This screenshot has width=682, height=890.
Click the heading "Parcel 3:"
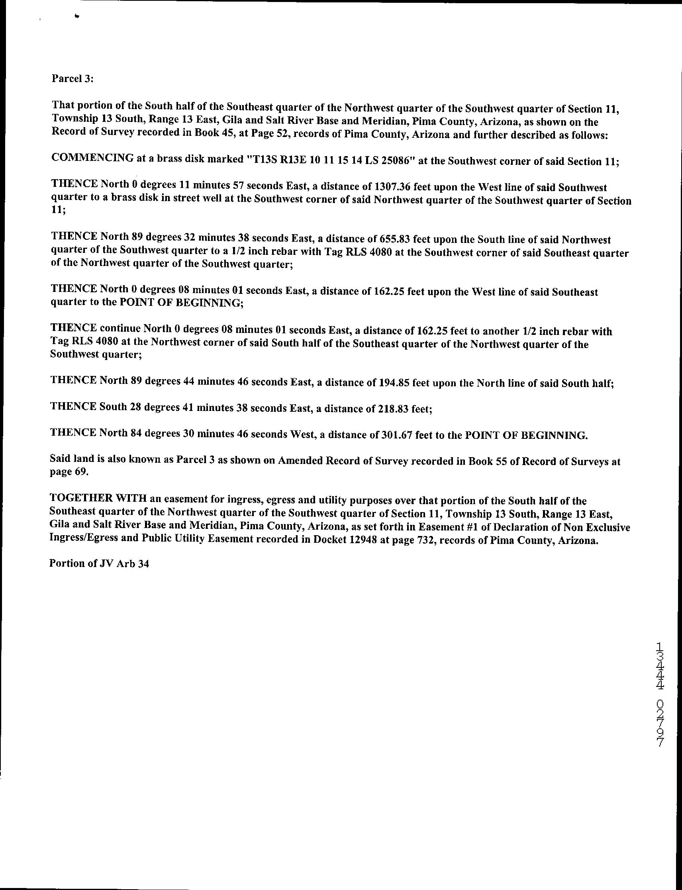73,79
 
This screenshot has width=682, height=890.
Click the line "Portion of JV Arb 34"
99,564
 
